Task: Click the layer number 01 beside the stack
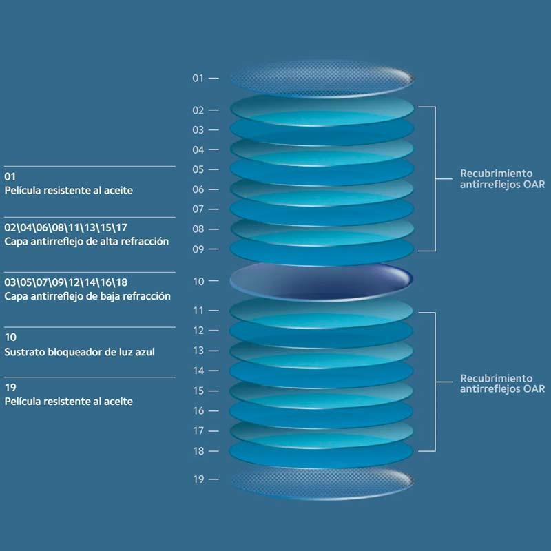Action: tap(198, 79)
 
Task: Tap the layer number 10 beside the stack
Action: tap(198, 281)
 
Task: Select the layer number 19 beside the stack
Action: tap(198, 479)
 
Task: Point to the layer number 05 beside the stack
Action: tap(198, 169)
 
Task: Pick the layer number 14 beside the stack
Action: tap(198, 371)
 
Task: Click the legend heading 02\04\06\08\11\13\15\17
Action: tap(65, 227)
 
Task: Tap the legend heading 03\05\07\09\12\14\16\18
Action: tap(65, 282)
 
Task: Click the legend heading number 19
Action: tap(10, 388)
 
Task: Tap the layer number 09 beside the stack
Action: tap(198, 249)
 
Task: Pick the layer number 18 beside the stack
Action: tap(198, 451)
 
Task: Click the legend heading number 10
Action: tap(10, 337)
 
